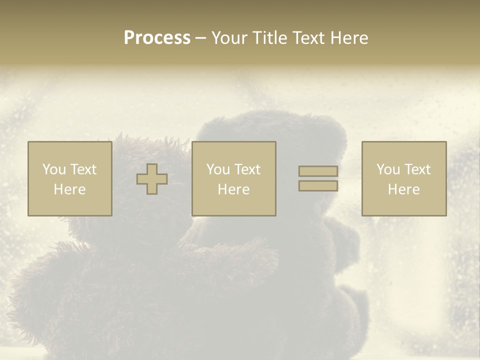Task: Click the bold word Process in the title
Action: (157, 38)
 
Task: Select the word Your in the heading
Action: (229, 38)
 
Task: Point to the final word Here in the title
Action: (349, 38)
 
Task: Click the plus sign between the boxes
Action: (152, 179)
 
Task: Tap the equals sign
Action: (318, 178)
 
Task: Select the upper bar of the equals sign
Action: (318, 171)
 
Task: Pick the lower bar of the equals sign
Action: (318, 185)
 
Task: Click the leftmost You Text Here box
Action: (69, 178)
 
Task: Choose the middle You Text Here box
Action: (233, 178)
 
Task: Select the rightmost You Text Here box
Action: (403, 178)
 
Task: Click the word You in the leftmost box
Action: (54, 169)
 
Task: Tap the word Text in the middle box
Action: (247, 169)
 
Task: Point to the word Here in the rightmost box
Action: (403, 189)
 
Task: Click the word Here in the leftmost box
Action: (69, 189)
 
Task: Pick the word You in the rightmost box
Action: (388, 169)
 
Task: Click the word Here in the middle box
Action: (233, 189)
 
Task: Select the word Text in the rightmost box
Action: (417, 169)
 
